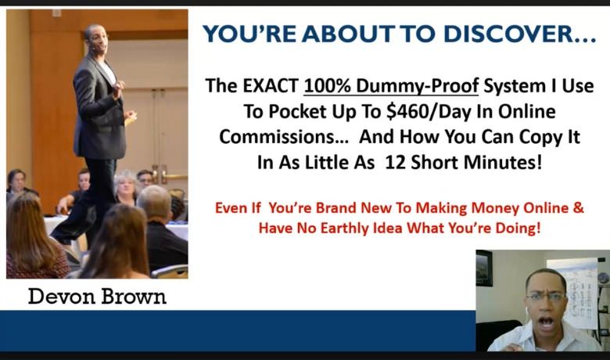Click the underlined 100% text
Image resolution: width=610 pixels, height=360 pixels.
(x=328, y=85)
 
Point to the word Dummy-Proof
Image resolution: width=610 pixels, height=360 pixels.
(x=417, y=86)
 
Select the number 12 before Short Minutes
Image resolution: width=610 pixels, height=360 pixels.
(x=396, y=162)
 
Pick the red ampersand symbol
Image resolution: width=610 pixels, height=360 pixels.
(x=579, y=207)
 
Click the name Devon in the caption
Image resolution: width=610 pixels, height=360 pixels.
(x=62, y=297)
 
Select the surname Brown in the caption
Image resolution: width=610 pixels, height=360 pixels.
(x=134, y=297)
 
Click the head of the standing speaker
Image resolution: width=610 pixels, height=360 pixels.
(x=95, y=38)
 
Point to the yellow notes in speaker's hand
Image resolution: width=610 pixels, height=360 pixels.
(x=131, y=118)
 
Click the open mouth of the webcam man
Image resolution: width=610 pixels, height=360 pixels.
(x=545, y=322)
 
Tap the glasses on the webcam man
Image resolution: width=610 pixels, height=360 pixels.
(x=545, y=297)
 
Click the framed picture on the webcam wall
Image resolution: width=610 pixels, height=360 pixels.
(x=484, y=268)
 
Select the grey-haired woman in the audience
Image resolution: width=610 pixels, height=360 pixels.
(x=126, y=188)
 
